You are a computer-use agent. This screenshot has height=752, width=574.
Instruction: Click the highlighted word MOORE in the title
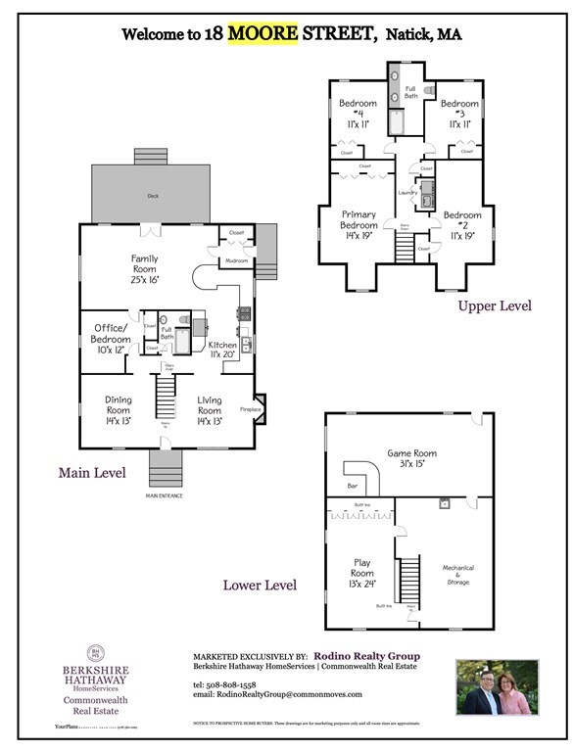(263, 34)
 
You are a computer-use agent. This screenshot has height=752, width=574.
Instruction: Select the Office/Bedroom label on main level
(112, 334)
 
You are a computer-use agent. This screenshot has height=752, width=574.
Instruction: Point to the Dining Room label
(118, 405)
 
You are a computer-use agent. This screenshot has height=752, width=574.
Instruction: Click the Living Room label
(210, 405)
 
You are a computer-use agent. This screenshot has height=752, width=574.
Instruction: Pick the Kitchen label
(222, 351)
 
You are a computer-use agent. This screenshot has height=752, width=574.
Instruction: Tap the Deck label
(152, 196)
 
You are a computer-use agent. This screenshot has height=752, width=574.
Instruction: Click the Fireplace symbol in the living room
(259, 409)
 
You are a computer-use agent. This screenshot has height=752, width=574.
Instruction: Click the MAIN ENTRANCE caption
(165, 495)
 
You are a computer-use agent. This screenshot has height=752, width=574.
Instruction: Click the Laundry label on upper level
(408, 193)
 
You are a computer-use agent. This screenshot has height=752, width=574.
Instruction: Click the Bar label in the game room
(353, 486)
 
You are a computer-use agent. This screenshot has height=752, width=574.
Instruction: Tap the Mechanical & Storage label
(457, 575)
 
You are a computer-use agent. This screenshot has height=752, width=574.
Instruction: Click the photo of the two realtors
(499, 686)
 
